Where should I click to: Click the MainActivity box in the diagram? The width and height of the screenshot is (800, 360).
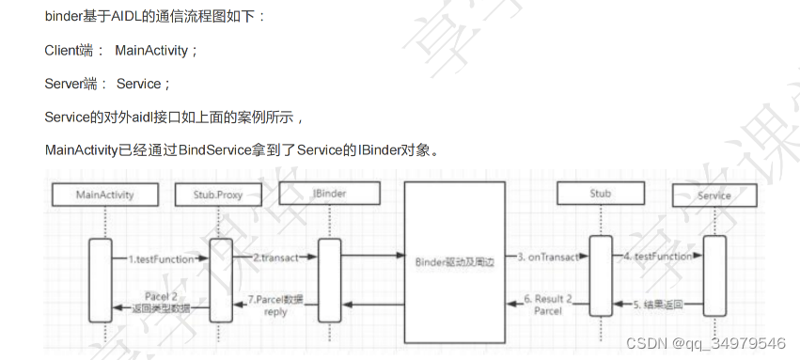pyautogui.click(x=105, y=196)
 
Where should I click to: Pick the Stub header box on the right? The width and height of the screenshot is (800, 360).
pyautogui.click(x=600, y=194)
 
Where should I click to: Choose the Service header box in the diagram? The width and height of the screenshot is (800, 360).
pyautogui.click(x=714, y=196)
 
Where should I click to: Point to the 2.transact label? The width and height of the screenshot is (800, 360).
pyautogui.click(x=275, y=257)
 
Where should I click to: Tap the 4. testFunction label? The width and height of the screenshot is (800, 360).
pyautogui.click(x=657, y=257)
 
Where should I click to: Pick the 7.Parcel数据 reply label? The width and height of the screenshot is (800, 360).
pyautogui.click(x=275, y=305)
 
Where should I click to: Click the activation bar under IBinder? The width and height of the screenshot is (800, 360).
pyautogui.click(x=329, y=276)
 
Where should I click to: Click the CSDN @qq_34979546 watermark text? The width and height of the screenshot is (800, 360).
pyautogui.click(x=705, y=342)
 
